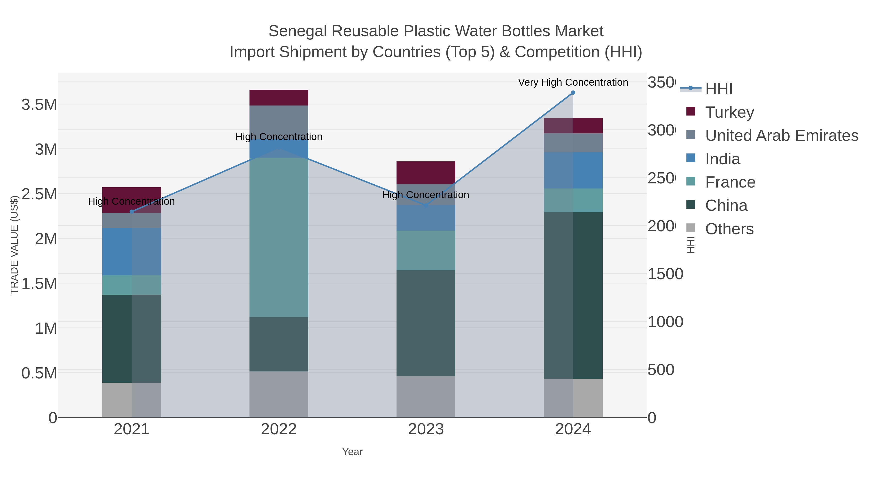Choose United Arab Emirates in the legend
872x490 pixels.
(x=781, y=136)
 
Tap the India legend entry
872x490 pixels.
(x=722, y=159)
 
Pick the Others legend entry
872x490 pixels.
(x=729, y=229)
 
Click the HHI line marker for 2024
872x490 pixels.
(x=573, y=93)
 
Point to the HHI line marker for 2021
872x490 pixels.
(x=132, y=212)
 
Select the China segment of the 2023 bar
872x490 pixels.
(x=426, y=323)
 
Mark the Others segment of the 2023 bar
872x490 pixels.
(x=426, y=396)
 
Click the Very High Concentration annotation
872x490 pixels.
(x=573, y=83)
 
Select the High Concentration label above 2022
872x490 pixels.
(x=279, y=137)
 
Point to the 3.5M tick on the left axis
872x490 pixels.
(x=39, y=105)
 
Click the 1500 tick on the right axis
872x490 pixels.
(x=665, y=274)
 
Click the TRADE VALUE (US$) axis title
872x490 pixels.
(x=14, y=245)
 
